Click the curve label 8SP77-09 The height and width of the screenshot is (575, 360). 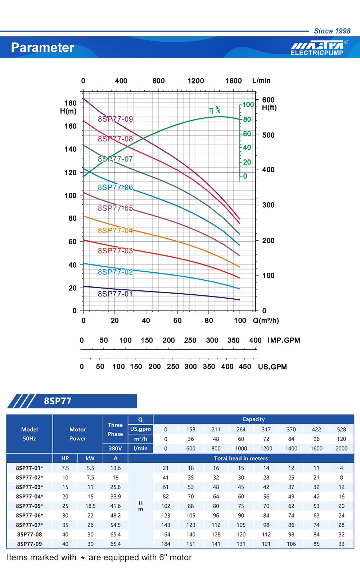[115, 119]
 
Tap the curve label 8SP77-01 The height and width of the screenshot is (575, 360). [115, 294]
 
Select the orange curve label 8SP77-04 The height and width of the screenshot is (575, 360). [115, 231]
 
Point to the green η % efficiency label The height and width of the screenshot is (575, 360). [214, 110]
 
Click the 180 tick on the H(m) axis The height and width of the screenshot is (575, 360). [71, 103]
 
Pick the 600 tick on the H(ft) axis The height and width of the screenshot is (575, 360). [268, 100]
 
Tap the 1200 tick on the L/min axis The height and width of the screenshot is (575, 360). [195, 81]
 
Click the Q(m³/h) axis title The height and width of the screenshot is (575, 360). [266, 321]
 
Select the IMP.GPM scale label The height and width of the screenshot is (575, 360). [284, 340]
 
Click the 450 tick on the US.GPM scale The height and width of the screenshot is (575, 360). [245, 367]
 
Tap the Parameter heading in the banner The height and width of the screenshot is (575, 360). [42, 47]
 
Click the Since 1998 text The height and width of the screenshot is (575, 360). [332, 31]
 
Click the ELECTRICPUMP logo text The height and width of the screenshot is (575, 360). [317, 53]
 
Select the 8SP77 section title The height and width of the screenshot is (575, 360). [58, 401]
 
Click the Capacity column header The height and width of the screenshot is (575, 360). [253, 419]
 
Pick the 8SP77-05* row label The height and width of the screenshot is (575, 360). [30, 506]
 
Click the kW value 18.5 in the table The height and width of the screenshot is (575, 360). [90, 506]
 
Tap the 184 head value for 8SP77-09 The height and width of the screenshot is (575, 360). [166, 544]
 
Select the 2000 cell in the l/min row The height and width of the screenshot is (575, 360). [341, 448]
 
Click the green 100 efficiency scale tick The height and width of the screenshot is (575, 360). [248, 105]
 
